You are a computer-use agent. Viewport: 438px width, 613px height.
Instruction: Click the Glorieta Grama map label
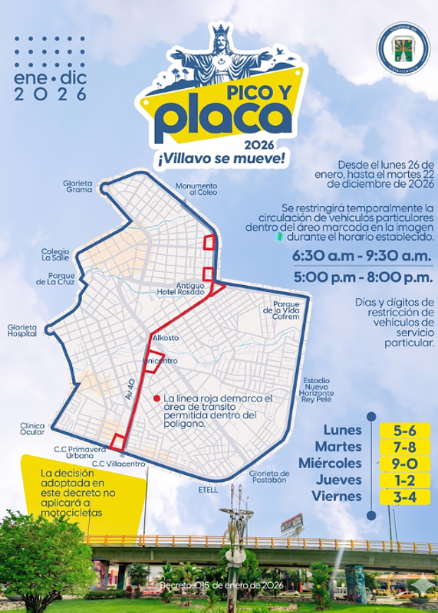pyautogui.click(x=79, y=186)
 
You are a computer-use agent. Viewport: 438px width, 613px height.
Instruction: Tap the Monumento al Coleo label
pyautogui.click(x=196, y=188)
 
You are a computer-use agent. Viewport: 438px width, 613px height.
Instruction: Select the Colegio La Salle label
pyautogui.click(x=55, y=254)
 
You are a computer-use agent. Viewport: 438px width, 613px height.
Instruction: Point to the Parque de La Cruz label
pyautogui.click(x=55, y=278)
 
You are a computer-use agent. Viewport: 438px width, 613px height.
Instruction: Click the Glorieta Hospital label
pyautogui.click(x=22, y=330)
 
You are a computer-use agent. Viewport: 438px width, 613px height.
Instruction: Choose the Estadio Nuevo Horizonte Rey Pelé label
pyautogui.click(x=316, y=389)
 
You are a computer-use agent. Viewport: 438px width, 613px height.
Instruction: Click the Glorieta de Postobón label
pyautogui.click(x=268, y=477)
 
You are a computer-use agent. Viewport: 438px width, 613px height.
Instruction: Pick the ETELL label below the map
pyautogui.click(x=208, y=490)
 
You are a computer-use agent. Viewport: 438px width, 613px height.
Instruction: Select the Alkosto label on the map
pyautogui.click(x=166, y=337)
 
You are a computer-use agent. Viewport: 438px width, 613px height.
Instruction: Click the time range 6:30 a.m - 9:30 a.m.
pyautogui.click(x=363, y=256)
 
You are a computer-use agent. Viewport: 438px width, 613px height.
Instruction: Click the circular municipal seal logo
pyautogui.click(x=403, y=48)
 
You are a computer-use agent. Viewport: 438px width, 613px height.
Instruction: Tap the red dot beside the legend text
pyautogui.click(x=156, y=398)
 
